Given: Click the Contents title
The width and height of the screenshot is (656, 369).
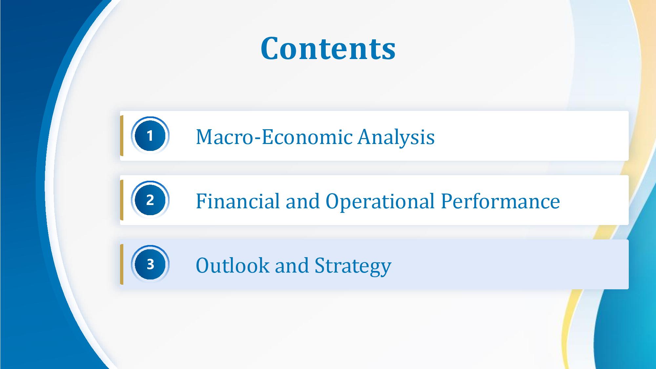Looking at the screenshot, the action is pos(328,48).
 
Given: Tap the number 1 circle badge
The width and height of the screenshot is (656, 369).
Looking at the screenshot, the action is pos(150,135).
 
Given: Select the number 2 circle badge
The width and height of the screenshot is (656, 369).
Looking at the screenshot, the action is pos(150,200).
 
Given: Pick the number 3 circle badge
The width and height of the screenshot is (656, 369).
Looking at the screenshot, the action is pos(150,264).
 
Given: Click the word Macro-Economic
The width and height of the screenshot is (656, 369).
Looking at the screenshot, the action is pos(274,136).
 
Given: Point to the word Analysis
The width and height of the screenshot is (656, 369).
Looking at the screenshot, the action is pos(396,137).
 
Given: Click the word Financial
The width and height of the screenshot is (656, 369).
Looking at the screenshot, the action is pos(237,201).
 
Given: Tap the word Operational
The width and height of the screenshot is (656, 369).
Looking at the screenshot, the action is pos(380,202).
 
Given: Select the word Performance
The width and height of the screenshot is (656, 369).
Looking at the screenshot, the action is pos(500,201).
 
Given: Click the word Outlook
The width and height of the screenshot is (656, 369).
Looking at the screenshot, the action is pos(232,265).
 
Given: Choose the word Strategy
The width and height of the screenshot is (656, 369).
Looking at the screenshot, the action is pos(353,266).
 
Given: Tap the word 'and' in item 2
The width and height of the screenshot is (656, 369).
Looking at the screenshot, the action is pos(302,201).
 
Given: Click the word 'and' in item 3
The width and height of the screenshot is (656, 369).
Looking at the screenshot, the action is pos(292,265).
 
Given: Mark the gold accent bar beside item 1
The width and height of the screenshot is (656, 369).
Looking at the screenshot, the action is pos(122,135).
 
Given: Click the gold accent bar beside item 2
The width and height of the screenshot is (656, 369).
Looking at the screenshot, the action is pos(122,200).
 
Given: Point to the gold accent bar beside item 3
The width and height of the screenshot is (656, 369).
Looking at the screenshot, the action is pos(122,264).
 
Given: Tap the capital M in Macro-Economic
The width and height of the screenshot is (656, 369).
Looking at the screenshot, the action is pos(206,136).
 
